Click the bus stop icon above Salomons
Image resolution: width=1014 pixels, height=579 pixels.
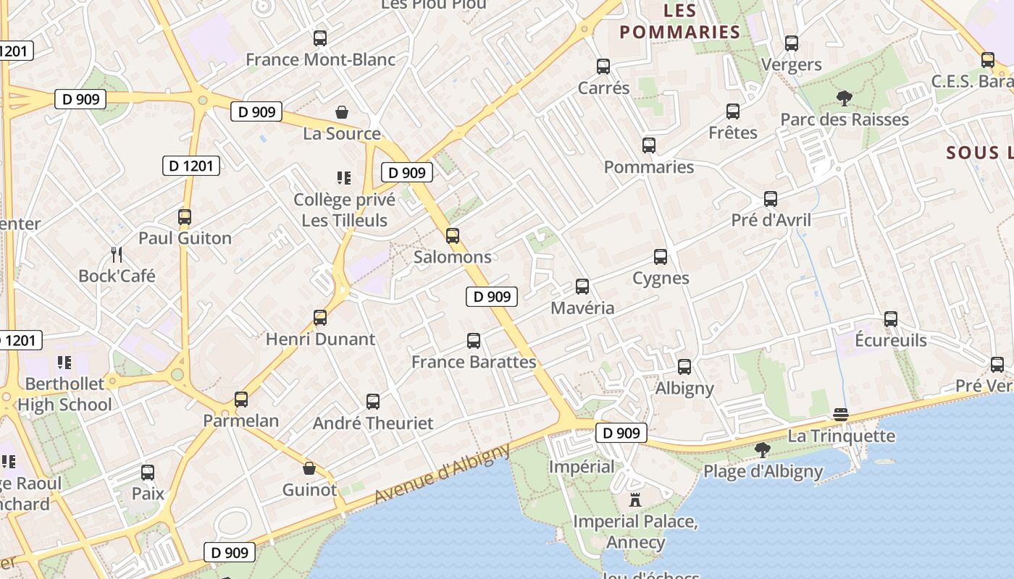tap(453, 235)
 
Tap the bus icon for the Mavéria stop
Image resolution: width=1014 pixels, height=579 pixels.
tap(582, 287)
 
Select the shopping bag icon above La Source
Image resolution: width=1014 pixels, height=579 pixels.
tap(342, 112)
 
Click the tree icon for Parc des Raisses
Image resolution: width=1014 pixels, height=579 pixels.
tap(844, 98)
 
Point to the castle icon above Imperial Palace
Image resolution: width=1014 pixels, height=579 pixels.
tap(635, 499)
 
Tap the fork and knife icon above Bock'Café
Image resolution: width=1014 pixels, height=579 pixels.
tap(117, 254)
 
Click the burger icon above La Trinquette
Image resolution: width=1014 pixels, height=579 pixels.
tap(840, 415)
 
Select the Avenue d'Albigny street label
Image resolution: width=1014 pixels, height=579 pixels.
tap(442, 475)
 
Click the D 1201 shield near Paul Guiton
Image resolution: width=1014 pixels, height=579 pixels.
tap(190, 166)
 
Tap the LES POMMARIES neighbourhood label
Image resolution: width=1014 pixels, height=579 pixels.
tap(679, 22)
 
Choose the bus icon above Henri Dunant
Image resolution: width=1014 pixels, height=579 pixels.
tap(320, 317)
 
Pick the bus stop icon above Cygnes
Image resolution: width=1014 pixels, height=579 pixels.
tap(661, 257)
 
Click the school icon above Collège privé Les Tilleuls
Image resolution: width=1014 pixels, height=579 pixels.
tap(344, 177)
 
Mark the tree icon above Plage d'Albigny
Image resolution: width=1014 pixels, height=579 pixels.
tap(762, 450)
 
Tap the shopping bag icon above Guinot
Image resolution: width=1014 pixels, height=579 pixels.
tap(309, 468)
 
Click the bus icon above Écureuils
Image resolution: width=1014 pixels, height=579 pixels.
tap(891, 318)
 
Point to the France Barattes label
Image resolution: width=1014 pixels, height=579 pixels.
tap(474, 362)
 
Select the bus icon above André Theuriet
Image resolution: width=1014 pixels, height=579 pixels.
tap(373, 402)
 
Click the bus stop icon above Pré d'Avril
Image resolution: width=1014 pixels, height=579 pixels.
tap(771, 198)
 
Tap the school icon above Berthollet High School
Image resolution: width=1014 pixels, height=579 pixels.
tap(64, 362)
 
